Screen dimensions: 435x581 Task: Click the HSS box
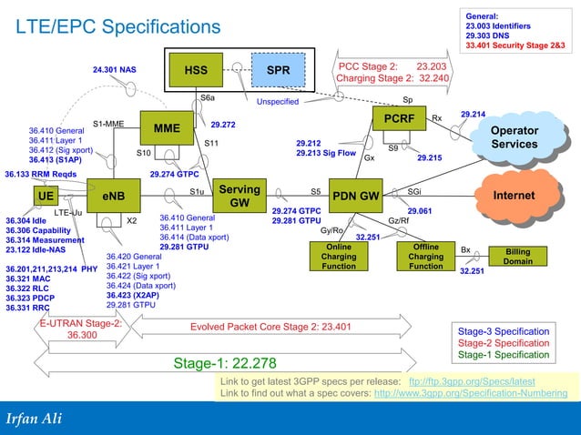(196, 70)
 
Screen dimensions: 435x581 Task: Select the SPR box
(279, 70)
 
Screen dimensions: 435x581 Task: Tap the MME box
(167, 128)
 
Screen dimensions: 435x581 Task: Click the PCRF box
(400, 119)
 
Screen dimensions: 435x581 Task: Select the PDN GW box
(355, 196)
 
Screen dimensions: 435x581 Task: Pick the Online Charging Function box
(339, 257)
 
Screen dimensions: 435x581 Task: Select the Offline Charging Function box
(425, 257)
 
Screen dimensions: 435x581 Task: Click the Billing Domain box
(517, 256)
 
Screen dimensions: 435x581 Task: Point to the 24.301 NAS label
(114, 69)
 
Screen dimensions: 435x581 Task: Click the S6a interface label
(208, 96)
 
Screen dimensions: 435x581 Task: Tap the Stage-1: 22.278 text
(224, 364)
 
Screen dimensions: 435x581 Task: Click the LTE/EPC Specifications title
(117, 29)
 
